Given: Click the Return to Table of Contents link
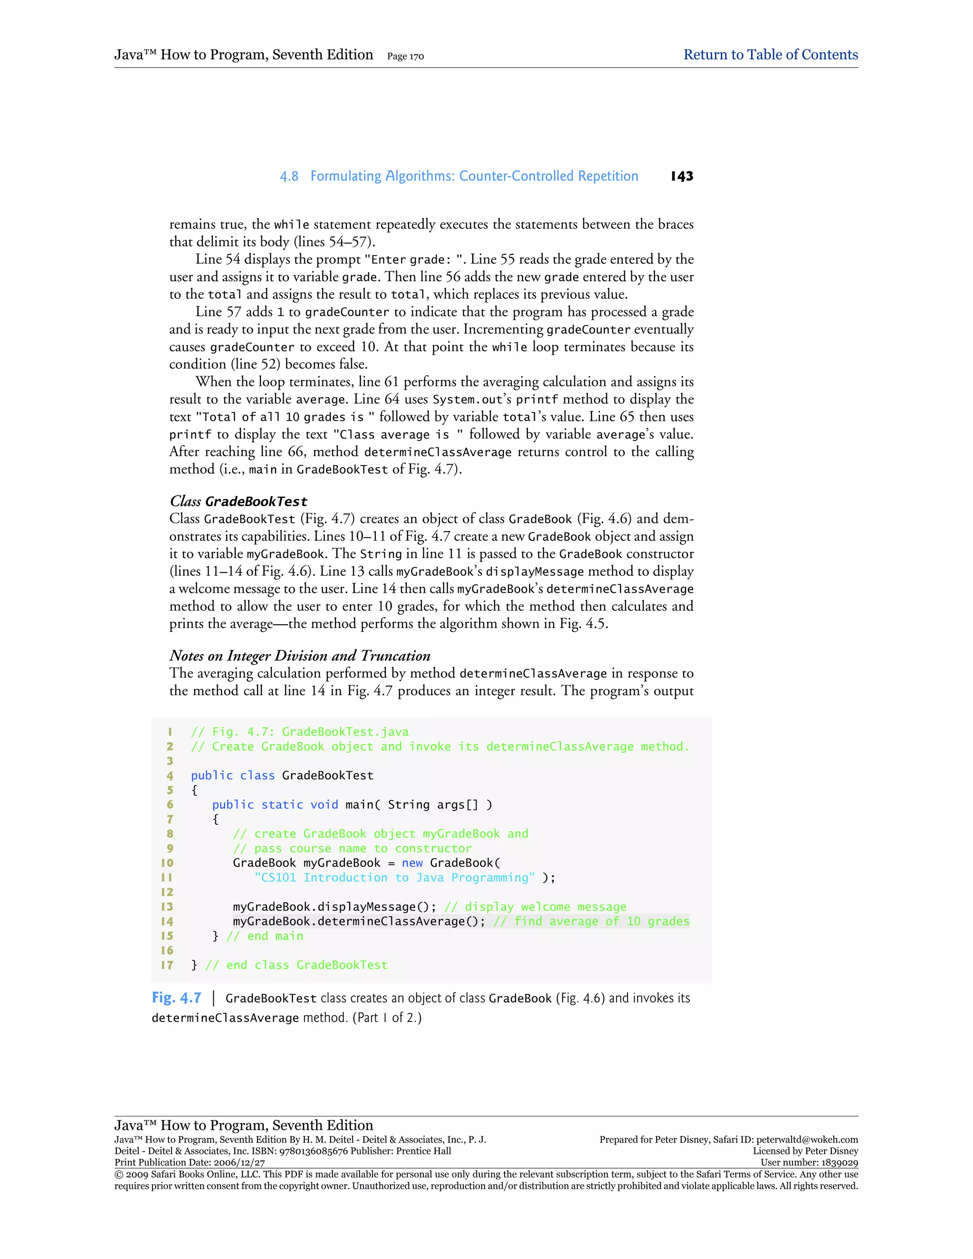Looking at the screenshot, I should coord(770,55).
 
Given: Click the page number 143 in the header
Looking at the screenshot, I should coord(682,176).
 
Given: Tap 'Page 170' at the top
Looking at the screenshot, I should coord(405,57).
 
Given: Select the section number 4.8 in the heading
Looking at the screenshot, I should coord(289,176).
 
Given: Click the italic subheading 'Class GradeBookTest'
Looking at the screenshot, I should coord(238,501).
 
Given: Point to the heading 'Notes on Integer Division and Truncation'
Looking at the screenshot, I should coord(300,656).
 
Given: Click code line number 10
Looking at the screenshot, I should coord(167,863).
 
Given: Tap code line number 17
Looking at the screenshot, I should coord(167,965).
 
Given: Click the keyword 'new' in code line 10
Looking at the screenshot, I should coord(412,863).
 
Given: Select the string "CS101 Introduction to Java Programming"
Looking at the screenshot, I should coord(395,877).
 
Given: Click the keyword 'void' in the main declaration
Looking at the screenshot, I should coord(324,805).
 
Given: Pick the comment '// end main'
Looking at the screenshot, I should coord(265,936).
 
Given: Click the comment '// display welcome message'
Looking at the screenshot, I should coord(535,907).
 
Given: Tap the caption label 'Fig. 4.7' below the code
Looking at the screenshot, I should coord(176,998).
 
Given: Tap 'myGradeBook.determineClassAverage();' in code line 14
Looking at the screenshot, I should coord(359,921).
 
